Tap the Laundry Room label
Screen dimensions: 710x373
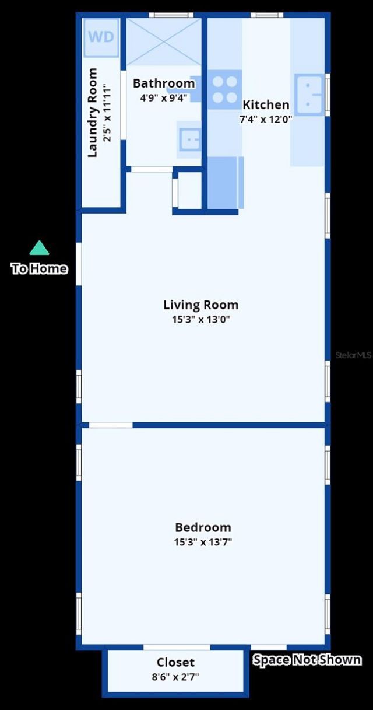click(x=92, y=113)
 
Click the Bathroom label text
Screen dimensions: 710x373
click(x=163, y=83)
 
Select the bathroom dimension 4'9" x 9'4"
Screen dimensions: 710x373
click(x=163, y=97)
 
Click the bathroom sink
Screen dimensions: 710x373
click(x=190, y=139)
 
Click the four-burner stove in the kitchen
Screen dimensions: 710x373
click(x=225, y=89)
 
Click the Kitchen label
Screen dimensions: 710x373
click(x=266, y=105)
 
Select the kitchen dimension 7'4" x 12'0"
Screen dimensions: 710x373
click(x=266, y=119)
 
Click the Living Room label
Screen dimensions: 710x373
click(x=200, y=305)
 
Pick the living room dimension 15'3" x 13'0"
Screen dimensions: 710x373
click(x=200, y=319)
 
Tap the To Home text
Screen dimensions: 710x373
click(x=39, y=269)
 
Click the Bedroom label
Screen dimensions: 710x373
click(x=203, y=527)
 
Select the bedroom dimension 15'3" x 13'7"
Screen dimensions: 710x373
click(x=203, y=542)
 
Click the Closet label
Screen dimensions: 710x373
click(x=175, y=663)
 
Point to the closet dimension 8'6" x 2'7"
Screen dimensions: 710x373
click(x=175, y=677)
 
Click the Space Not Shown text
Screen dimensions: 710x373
click(x=307, y=660)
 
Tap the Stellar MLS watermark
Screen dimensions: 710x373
click(x=353, y=355)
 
